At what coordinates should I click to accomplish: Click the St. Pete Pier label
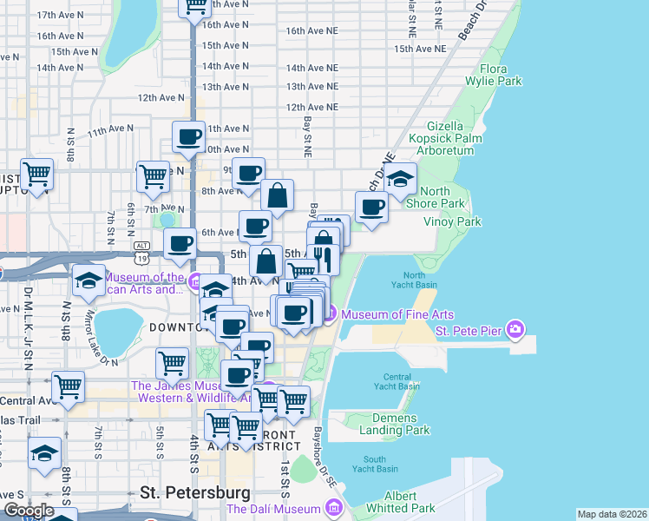tap(469, 330)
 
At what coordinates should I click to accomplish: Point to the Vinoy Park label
tap(452, 221)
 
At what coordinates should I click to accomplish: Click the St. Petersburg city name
tap(195, 492)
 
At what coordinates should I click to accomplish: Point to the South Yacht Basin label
tap(375, 465)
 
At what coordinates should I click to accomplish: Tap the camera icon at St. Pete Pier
tap(516, 329)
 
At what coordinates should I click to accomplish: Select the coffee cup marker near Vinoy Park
tap(372, 208)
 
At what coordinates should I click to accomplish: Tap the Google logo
tap(29, 511)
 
